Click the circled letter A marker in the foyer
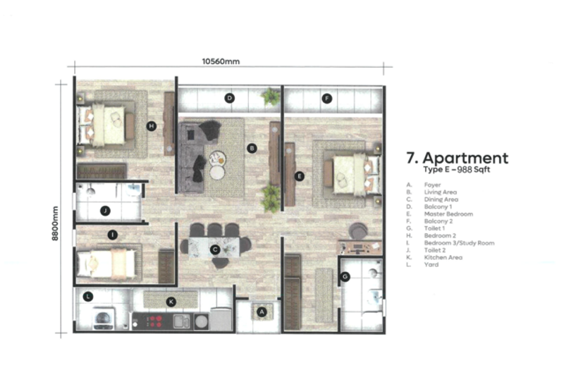(x=262, y=311)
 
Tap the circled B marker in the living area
(x=251, y=148)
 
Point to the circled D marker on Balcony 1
(x=229, y=99)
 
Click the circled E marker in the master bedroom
(x=299, y=176)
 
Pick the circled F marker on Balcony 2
(x=326, y=99)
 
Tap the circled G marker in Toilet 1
(x=345, y=277)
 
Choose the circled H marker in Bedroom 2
(x=151, y=126)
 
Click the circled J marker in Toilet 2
(x=105, y=210)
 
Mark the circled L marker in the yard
(x=88, y=297)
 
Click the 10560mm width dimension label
(x=221, y=61)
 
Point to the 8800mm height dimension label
(x=56, y=223)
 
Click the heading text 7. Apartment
(x=457, y=158)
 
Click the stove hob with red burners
(x=154, y=321)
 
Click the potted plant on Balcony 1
(x=270, y=97)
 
